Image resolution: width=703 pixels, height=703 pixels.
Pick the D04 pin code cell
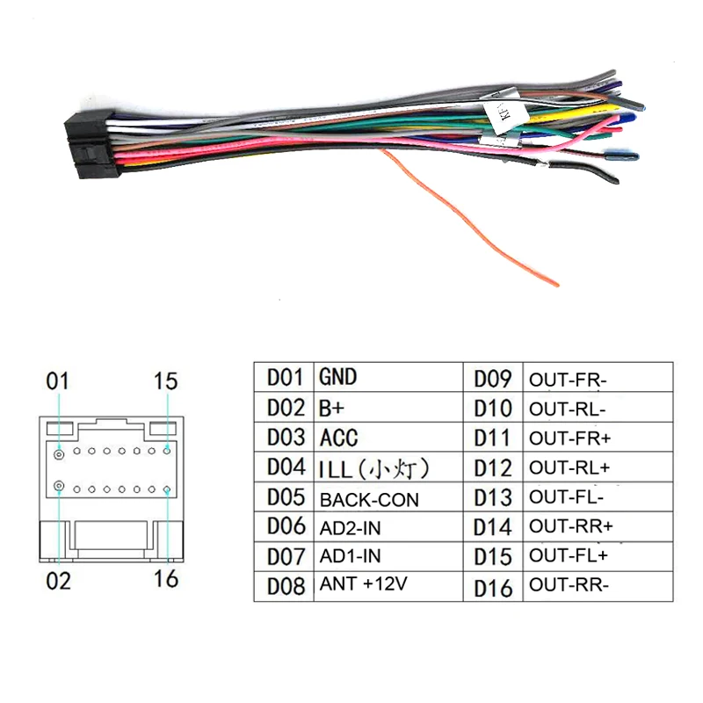[285, 467]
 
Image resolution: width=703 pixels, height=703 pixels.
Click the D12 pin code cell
[492, 468]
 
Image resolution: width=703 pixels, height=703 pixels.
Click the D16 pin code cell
[492, 587]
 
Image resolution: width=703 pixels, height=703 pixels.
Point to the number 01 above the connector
[57, 381]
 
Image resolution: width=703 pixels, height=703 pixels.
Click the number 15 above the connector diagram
[164, 381]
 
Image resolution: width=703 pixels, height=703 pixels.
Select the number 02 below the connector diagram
[58, 580]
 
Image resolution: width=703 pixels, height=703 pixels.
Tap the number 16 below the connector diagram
[165, 579]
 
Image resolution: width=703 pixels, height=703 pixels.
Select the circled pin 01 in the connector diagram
[58, 453]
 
